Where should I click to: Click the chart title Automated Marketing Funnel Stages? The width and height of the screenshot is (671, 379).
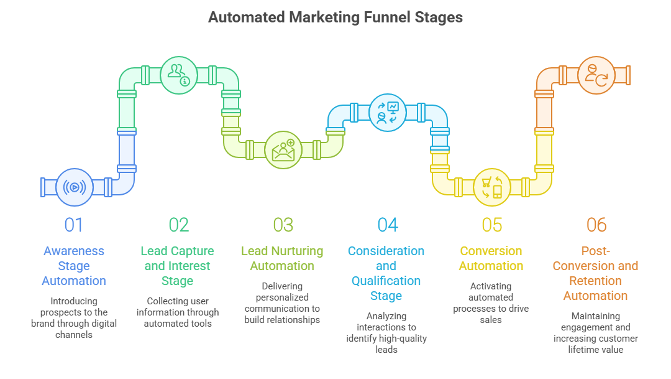tap(335, 17)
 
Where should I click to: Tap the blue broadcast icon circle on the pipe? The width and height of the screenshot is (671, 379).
tap(75, 187)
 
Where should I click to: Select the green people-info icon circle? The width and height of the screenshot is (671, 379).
tap(179, 75)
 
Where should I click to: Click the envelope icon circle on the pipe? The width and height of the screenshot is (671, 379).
tap(283, 150)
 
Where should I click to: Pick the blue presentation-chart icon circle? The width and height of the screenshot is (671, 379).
tap(388, 113)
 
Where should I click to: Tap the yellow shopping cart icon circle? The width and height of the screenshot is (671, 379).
tap(492, 187)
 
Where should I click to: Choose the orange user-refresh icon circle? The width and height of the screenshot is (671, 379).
tap(596, 75)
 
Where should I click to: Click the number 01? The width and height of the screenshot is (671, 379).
tap(74, 225)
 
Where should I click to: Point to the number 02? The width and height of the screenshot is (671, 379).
tap(178, 225)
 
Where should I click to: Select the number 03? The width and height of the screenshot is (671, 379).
tap(283, 225)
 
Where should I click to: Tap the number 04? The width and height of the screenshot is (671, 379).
tap(388, 225)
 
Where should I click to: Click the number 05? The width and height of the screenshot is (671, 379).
tap(492, 225)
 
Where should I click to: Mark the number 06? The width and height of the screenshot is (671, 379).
tap(596, 225)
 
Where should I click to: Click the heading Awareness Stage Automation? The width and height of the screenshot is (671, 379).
tap(74, 266)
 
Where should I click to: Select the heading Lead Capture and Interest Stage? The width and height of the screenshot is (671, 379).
tap(178, 266)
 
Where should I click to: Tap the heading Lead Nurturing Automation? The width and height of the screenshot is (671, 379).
tap(282, 258)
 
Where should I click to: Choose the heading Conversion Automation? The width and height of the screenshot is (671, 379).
tap(491, 258)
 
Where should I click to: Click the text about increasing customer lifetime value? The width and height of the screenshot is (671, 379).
tap(596, 339)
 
